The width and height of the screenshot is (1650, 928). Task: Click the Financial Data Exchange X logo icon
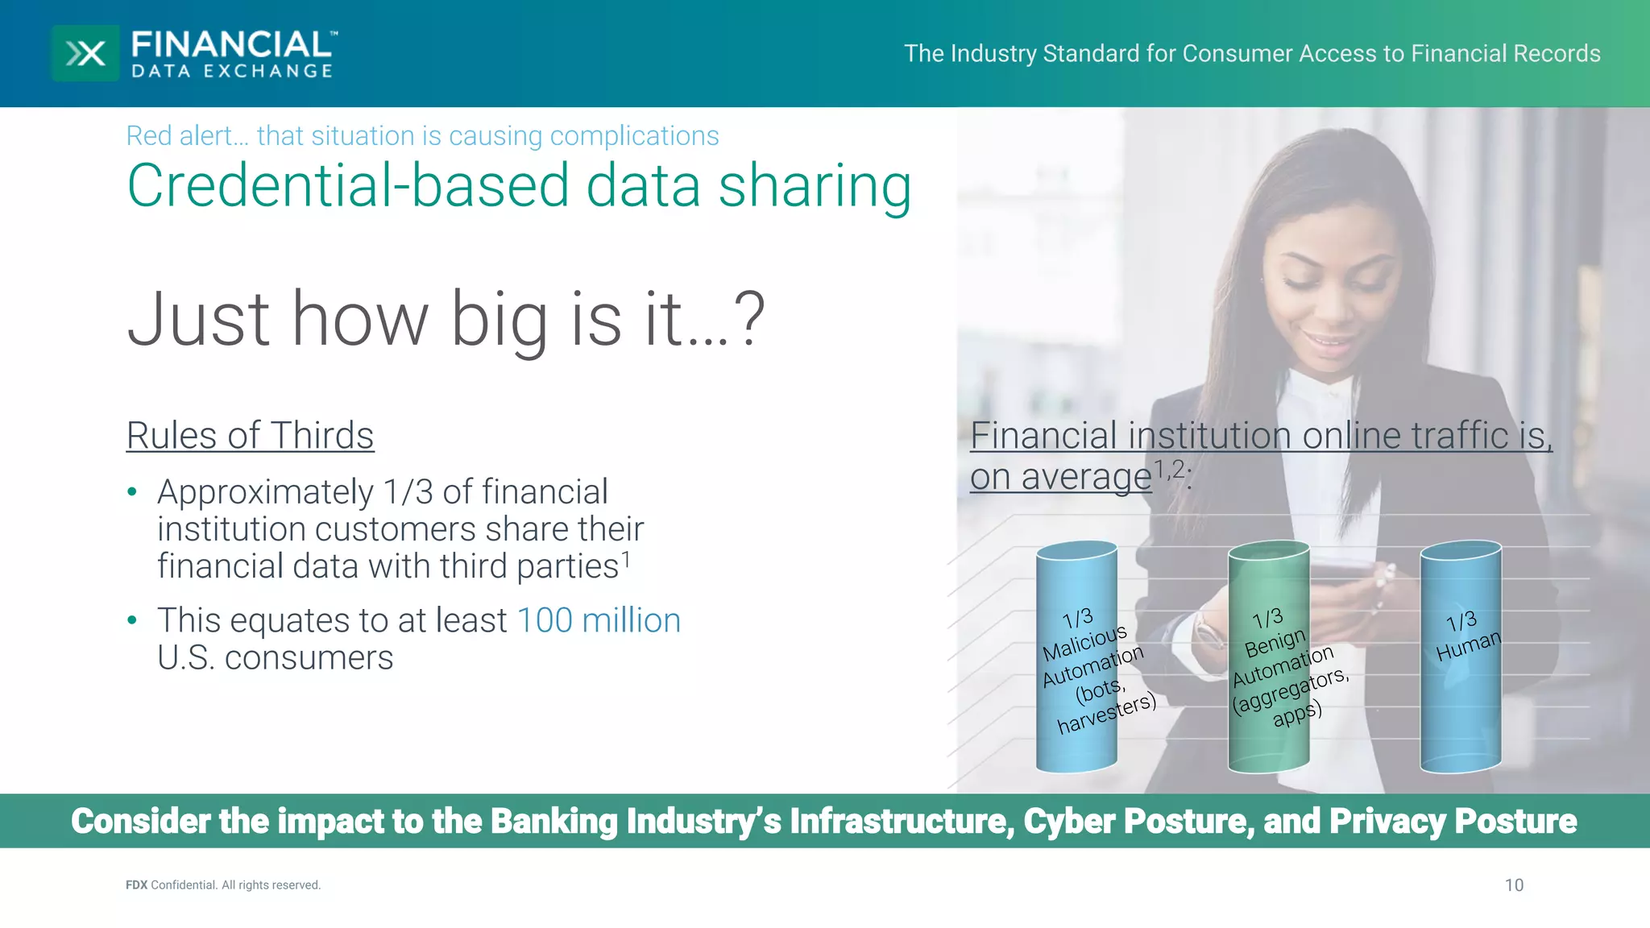click(85, 53)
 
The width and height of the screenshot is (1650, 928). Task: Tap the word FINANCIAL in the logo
click(231, 45)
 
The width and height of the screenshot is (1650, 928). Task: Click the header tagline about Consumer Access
click(1251, 53)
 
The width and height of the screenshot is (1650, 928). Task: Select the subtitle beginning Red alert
click(422, 136)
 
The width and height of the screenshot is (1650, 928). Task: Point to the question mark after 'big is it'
click(750, 320)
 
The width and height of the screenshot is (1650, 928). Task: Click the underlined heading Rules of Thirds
click(250, 436)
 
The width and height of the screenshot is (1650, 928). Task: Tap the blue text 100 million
click(599, 620)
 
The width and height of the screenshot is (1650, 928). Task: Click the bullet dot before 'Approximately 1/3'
click(132, 492)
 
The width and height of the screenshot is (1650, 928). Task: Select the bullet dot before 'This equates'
click(132, 620)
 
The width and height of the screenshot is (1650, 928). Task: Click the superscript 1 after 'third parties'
click(626, 558)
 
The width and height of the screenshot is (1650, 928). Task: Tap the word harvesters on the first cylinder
click(1106, 714)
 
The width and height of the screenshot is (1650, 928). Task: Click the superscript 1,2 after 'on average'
click(1170, 469)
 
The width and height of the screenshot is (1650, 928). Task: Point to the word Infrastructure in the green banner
click(902, 821)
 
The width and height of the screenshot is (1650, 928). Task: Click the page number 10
click(1514, 885)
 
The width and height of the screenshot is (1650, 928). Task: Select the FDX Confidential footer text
click(223, 885)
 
